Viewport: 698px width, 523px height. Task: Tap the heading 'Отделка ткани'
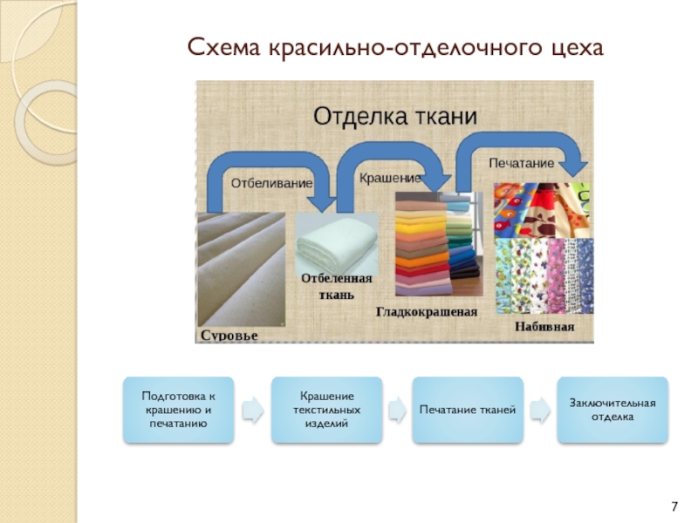394,115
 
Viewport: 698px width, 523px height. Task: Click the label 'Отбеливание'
271,183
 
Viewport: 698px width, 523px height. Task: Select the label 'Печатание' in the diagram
521,163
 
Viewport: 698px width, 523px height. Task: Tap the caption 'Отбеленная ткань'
337,285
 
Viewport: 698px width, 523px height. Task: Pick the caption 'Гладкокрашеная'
427,311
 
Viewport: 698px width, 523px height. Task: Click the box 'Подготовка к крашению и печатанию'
178,410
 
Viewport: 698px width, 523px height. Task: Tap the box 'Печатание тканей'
468,410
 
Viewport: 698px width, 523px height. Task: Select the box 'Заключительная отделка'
612,410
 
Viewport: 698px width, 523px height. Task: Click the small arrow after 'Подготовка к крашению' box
252,410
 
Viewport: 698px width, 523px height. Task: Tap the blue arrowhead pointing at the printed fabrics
574,166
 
